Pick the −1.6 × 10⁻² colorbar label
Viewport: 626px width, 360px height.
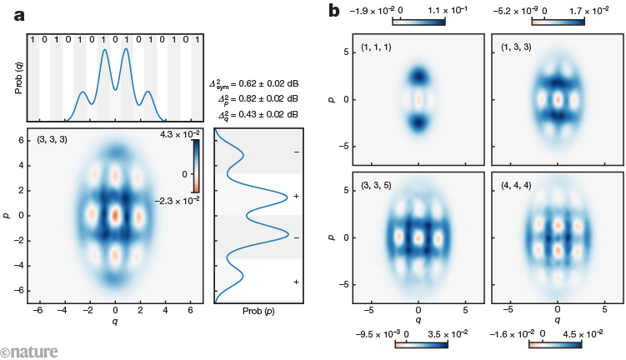pos(516,332)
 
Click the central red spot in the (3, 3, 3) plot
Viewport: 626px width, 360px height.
pos(116,213)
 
